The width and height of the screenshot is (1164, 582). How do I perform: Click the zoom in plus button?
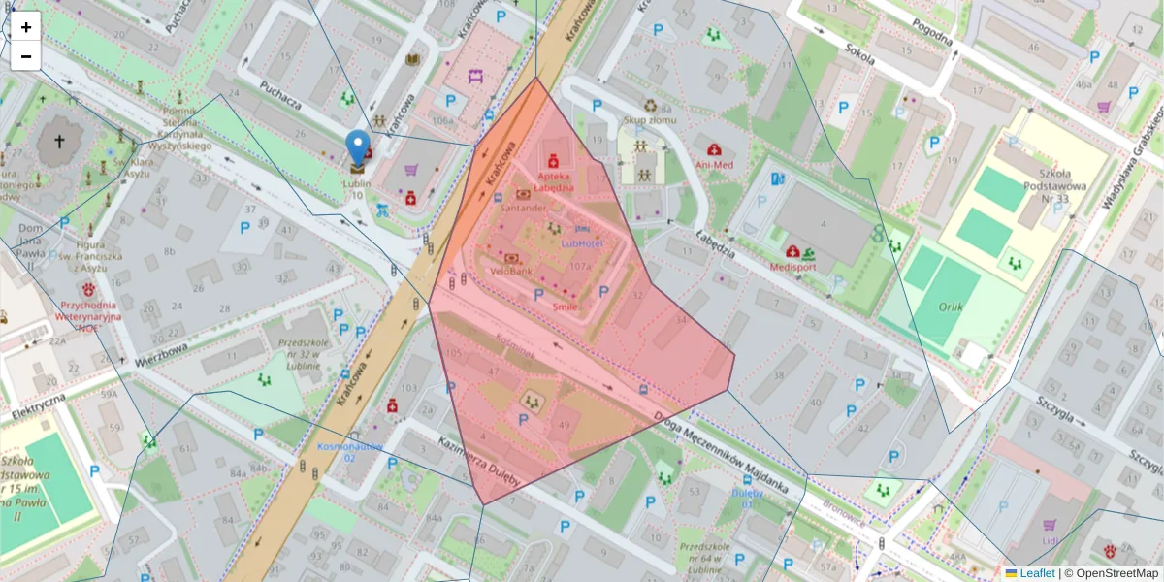point(26,27)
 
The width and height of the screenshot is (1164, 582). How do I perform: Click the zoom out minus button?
point(26,56)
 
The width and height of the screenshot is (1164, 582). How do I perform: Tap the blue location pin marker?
point(358,147)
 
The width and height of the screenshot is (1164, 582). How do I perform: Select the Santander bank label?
point(525,208)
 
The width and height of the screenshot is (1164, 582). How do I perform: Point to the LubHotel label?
point(582,242)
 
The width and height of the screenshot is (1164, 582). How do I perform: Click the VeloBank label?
point(511,272)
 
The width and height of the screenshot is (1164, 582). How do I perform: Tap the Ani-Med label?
point(715,165)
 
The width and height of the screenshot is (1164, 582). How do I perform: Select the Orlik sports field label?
point(951,307)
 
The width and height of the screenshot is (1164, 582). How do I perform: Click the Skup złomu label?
point(648,120)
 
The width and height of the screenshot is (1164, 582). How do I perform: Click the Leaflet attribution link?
point(1036,573)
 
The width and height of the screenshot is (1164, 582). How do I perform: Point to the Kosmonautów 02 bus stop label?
point(349,451)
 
